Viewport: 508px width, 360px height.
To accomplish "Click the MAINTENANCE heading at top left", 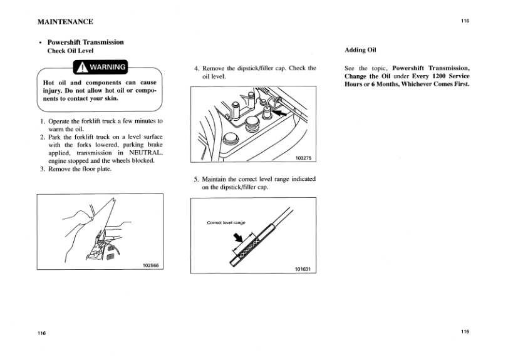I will pyautogui.click(x=65, y=22).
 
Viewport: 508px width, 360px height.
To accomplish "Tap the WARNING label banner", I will pyautogui.click(x=101, y=67).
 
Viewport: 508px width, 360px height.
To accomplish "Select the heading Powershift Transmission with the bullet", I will pyautogui.click(x=86, y=42).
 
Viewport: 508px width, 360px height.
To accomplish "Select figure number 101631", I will pyautogui.click(x=303, y=269).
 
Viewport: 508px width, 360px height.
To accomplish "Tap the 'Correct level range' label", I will pyautogui.click(x=226, y=223).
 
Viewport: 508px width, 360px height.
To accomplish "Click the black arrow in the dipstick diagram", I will pyautogui.click(x=239, y=238).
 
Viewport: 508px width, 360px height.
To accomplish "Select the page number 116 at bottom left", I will pyautogui.click(x=42, y=332).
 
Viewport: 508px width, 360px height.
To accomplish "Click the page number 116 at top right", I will pyautogui.click(x=464, y=21).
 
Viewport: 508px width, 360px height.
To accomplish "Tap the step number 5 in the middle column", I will pyautogui.click(x=196, y=178).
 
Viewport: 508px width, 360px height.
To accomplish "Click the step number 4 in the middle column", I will pyautogui.click(x=196, y=68).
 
